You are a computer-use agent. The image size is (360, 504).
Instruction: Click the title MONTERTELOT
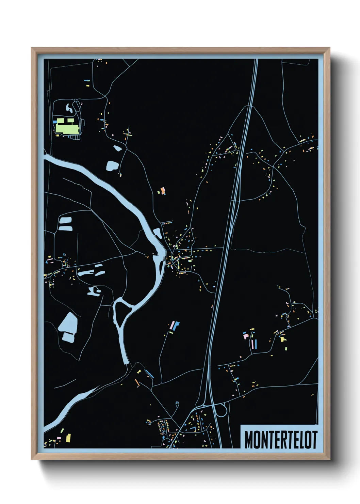click(x=280, y=440)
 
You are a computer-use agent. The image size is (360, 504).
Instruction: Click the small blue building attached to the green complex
click(x=55, y=121)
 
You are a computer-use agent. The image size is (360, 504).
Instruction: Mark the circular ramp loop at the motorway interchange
click(x=222, y=410)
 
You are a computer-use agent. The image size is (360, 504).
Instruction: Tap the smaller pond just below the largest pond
click(x=68, y=337)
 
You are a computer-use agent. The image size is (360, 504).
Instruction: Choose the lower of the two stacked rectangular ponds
click(x=65, y=228)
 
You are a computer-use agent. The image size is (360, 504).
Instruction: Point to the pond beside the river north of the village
click(x=158, y=233)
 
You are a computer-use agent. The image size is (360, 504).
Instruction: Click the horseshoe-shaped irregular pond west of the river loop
click(x=93, y=291)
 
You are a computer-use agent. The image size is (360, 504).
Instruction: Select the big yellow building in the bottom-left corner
click(x=68, y=438)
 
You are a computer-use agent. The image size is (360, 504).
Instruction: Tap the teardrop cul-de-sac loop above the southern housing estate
click(x=177, y=405)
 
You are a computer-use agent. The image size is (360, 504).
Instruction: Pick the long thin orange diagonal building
click(x=137, y=383)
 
